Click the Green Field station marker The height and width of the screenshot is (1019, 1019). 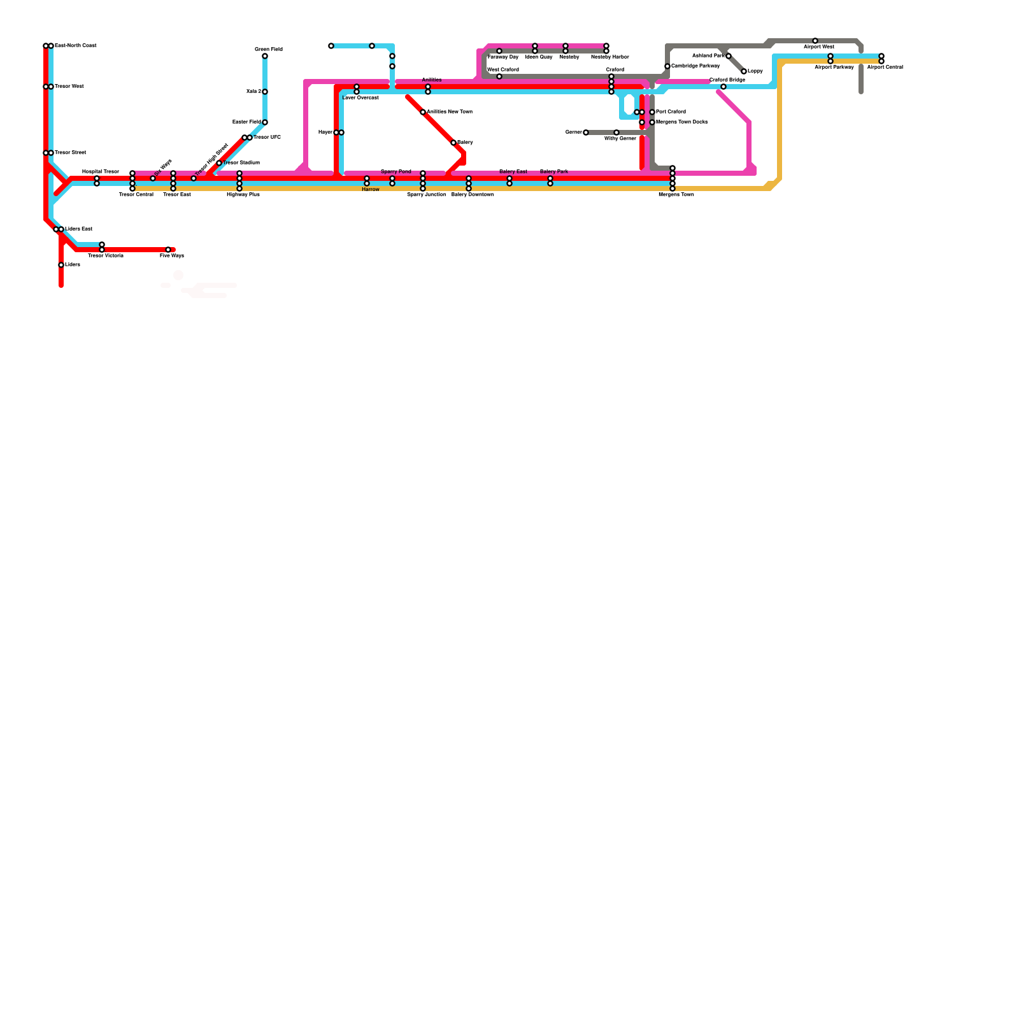coord(265,56)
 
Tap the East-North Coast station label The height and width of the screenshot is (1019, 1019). coord(76,46)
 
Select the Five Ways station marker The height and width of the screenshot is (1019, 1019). coord(168,250)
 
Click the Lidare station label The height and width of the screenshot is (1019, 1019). coord(73,264)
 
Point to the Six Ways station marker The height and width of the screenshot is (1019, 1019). coord(153,178)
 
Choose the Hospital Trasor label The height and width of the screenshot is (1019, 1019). coord(101,171)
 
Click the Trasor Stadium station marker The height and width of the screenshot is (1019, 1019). coord(219,163)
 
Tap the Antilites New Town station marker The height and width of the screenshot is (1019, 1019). coord(423,112)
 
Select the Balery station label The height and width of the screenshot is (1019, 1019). coord(465,143)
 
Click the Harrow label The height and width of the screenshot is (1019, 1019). coord(371,189)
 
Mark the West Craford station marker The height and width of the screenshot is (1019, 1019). coord(499,76)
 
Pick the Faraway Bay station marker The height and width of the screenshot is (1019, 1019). coord(499,51)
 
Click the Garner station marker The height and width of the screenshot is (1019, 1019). coord(586,132)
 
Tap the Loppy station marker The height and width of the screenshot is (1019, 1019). coord(744,71)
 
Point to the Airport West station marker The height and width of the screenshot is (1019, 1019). coord(815,41)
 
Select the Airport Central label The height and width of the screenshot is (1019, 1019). coord(885,67)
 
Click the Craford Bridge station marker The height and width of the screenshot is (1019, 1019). coord(723,87)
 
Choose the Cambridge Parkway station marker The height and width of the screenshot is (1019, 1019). coord(667,66)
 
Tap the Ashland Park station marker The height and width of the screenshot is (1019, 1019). coord(729,56)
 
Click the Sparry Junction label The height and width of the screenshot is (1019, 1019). coord(427,194)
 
